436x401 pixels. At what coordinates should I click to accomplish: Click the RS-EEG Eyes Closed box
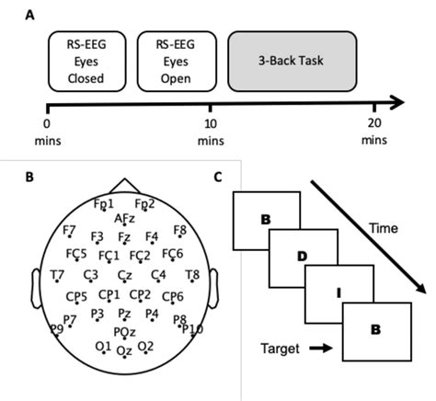tap(86, 63)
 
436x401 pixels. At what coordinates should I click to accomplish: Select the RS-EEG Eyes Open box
tap(175, 63)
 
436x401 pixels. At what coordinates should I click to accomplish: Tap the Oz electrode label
tap(124, 351)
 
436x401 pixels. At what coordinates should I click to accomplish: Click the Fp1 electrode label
tap(104, 203)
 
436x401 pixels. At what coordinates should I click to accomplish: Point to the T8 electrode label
tap(192, 275)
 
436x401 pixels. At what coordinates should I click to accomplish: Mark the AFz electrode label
tap(125, 218)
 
